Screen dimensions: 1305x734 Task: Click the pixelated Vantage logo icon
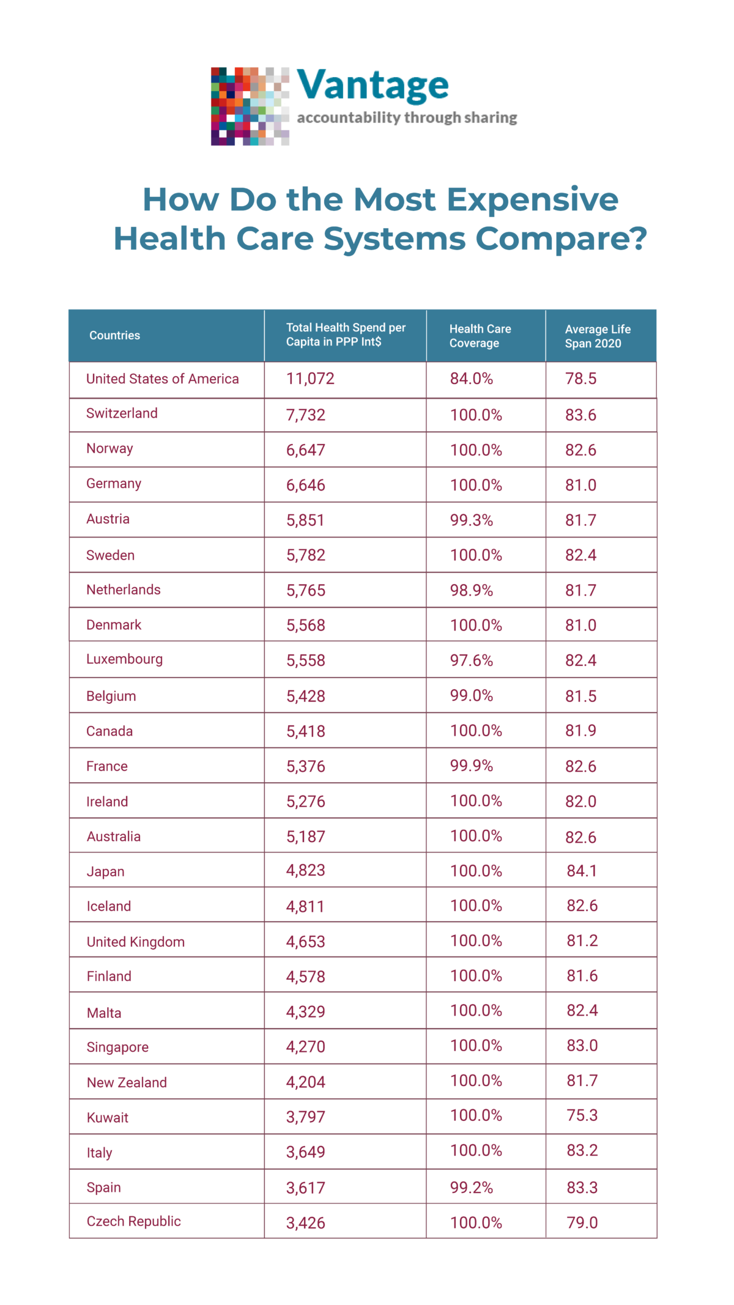[x=250, y=106]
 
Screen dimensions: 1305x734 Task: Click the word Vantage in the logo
[x=373, y=85]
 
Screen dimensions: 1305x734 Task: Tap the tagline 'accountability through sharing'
[x=407, y=117]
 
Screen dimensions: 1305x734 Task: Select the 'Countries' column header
[x=114, y=335]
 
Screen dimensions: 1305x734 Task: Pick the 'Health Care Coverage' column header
[x=480, y=336]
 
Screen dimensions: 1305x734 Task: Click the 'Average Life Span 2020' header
[x=597, y=336]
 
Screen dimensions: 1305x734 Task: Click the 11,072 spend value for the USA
[x=310, y=379]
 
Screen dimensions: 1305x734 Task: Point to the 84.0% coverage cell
[x=471, y=379]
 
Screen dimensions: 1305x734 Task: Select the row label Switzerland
[x=122, y=413]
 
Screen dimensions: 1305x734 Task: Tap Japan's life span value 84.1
[x=581, y=870]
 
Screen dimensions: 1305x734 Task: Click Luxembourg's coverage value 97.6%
[x=471, y=660]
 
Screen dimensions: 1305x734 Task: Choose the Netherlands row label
[x=123, y=590]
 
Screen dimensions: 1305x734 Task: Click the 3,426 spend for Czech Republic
[x=305, y=1223]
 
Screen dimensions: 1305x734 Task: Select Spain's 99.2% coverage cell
[x=471, y=1188]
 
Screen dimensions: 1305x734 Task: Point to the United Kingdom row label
[x=135, y=942]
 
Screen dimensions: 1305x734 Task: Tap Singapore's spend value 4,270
[x=305, y=1046]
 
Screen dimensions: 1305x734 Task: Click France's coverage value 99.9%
[x=471, y=766]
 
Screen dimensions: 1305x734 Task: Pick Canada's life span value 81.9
[x=580, y=731]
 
